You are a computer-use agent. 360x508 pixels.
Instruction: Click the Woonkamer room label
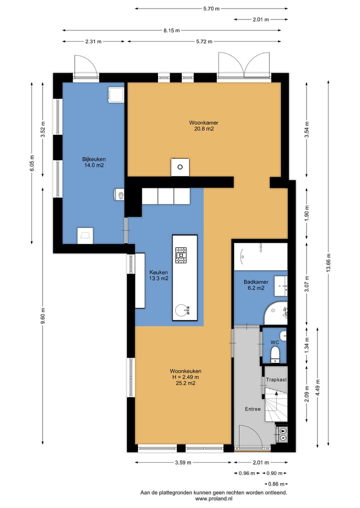click(203, 123)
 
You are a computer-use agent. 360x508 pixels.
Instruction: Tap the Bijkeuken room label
click(93, 159)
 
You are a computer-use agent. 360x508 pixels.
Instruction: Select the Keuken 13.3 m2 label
click(158, 275)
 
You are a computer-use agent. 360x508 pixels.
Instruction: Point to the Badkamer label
click(256, 282)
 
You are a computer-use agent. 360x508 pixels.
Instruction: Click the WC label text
click(274, 342)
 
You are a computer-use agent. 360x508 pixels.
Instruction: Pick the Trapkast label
click(276, 380)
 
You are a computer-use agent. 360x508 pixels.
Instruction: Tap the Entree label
click(252, 409)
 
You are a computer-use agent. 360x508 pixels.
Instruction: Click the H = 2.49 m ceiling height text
click(185, 377)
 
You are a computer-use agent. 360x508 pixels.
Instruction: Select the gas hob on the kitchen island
click(181, 255)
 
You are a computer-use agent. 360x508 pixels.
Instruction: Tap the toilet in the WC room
click(275, 354)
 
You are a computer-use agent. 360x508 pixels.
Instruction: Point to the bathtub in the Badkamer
click(261, 256)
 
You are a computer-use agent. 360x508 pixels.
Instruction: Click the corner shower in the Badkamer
click(276, 313)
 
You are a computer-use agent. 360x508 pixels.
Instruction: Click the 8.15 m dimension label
click(171, 30)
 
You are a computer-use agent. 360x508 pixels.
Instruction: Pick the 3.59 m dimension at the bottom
click(183, 463)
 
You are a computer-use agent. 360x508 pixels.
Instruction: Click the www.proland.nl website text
click(213, 499)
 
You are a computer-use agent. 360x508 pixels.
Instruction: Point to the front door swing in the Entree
click(250, 438)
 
